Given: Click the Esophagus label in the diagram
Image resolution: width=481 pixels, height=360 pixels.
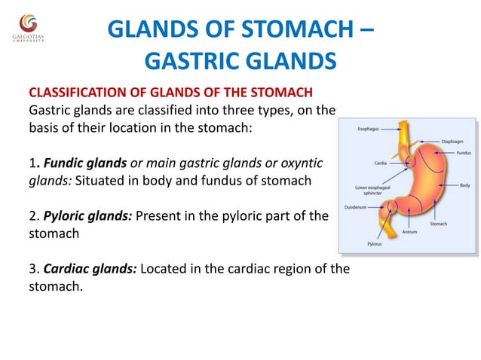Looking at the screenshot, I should [369, 129].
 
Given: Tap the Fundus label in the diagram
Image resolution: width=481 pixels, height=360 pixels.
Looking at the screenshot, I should [463, 153].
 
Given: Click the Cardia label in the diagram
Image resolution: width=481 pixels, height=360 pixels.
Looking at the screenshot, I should [380, 162].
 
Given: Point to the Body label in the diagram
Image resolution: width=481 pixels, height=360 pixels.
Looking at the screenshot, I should [464, 185].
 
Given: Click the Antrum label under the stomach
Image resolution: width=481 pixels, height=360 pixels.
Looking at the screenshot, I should [409, 232].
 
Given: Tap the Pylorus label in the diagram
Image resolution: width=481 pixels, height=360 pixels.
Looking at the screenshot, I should [374, 244].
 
